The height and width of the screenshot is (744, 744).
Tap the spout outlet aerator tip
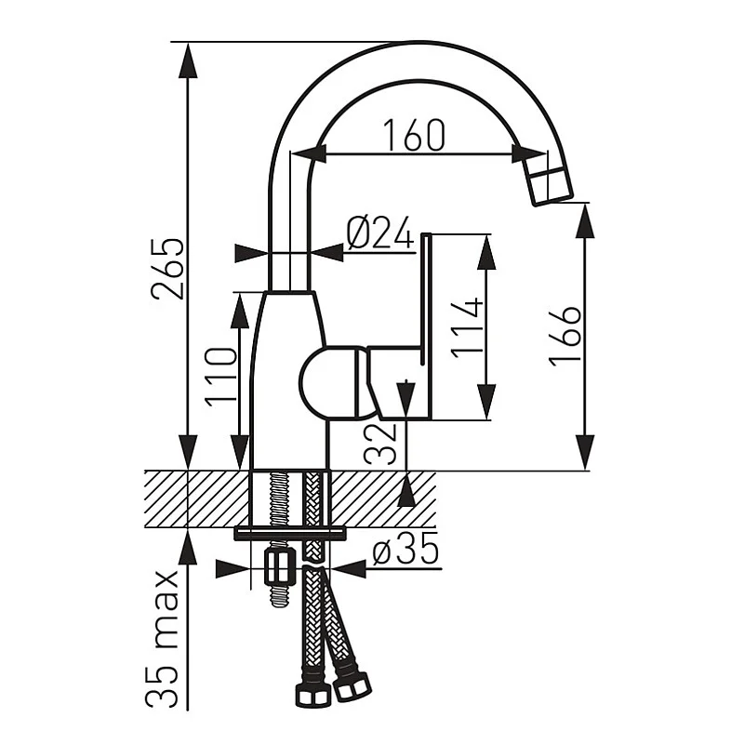point(550,181)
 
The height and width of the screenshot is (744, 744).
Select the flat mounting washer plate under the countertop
point(289,533)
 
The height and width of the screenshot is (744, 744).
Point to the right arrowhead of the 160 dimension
point(522,154)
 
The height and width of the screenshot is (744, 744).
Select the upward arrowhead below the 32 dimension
point(406,492)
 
